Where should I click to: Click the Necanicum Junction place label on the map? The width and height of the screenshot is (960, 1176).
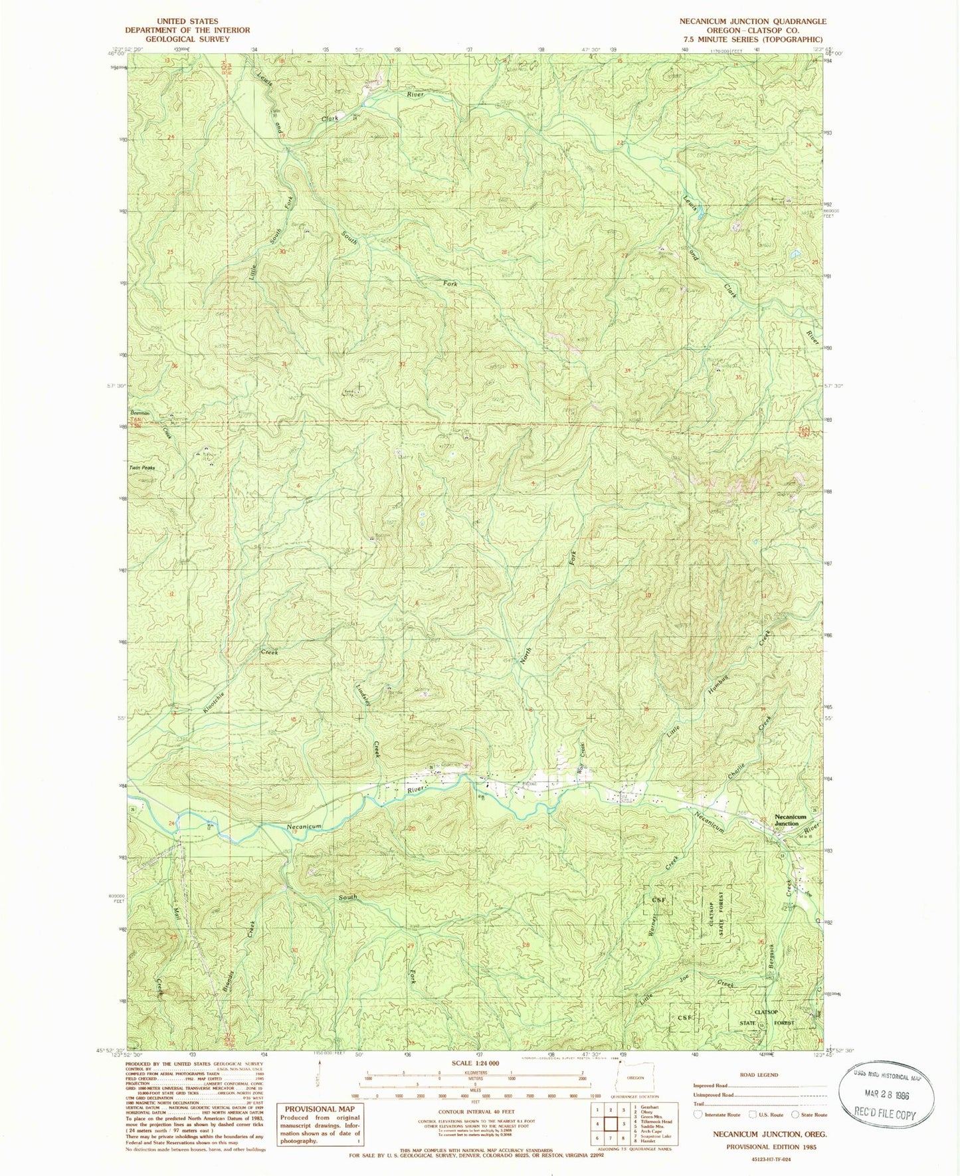pos(790,820)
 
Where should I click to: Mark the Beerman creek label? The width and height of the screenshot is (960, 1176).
pos(140,414)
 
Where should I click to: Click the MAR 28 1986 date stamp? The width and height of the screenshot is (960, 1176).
pos(888,1096)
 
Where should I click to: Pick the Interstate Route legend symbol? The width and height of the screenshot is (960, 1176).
pos(697,1114)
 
